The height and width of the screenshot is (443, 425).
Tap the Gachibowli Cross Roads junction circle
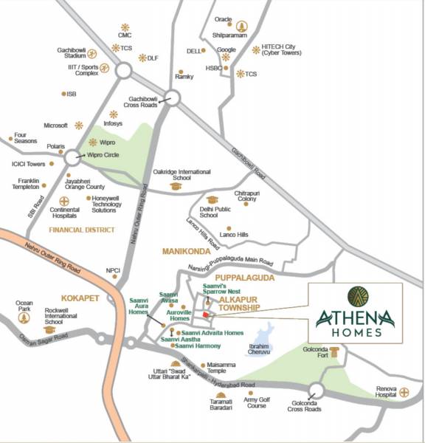point(171,97)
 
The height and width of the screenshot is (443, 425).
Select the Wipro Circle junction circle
point(72,157)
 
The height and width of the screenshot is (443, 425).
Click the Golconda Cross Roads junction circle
point(317,391)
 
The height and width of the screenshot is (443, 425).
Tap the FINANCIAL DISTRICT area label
point(82,230)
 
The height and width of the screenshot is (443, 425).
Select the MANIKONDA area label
point(186,253)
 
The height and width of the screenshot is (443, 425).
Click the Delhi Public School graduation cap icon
point(212,200)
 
